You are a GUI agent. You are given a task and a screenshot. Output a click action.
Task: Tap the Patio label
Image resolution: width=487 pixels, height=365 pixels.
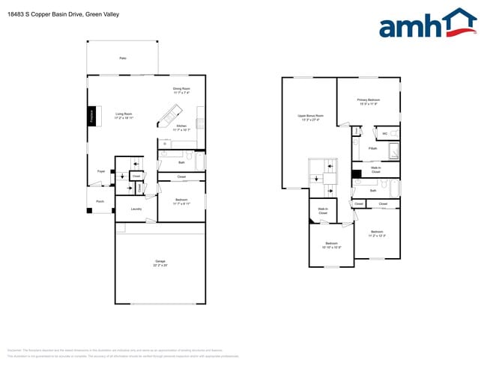pyautogui.click(x=123, y=58)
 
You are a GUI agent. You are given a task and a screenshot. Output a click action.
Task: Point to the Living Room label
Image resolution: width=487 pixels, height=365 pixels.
pyautogui.click(x=124, y=115)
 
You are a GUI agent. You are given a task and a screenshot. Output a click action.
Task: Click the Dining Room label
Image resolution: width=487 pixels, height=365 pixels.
pyautogui.click(x=181, y=88)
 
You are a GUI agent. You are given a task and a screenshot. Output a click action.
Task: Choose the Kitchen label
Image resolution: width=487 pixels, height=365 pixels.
pyautogui.click(x=181, y=126)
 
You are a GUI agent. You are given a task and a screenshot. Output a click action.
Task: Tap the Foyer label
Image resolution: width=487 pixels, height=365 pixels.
pyautogui.click(x=100, y=171)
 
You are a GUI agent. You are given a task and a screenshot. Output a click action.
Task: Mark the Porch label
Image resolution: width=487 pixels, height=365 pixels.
pyautogui.click(x=100, y=201)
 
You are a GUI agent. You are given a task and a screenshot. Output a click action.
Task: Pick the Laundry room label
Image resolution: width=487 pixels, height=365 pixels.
pyautogui.click(x=136, y=209)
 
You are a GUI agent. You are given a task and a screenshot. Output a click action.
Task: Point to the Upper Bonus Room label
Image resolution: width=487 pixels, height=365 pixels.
pyautogui.click(x=309, y=116)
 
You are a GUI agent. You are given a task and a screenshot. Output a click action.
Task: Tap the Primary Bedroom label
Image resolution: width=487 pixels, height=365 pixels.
pyautogui.click(x=368, y=99)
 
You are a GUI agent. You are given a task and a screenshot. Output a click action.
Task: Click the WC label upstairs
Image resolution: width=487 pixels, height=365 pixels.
pyautogui.click(x=384, y=134)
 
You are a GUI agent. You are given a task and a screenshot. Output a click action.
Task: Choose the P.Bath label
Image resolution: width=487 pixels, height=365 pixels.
pyautogui.click(x=372, y=149)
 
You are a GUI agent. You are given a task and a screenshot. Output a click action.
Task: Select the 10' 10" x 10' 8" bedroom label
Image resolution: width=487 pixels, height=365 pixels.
pyautogui.click(x=331, y=247)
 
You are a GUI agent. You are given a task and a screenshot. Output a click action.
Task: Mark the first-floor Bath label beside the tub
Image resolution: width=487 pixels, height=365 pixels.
pyautogui.click(x=181, y=162)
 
